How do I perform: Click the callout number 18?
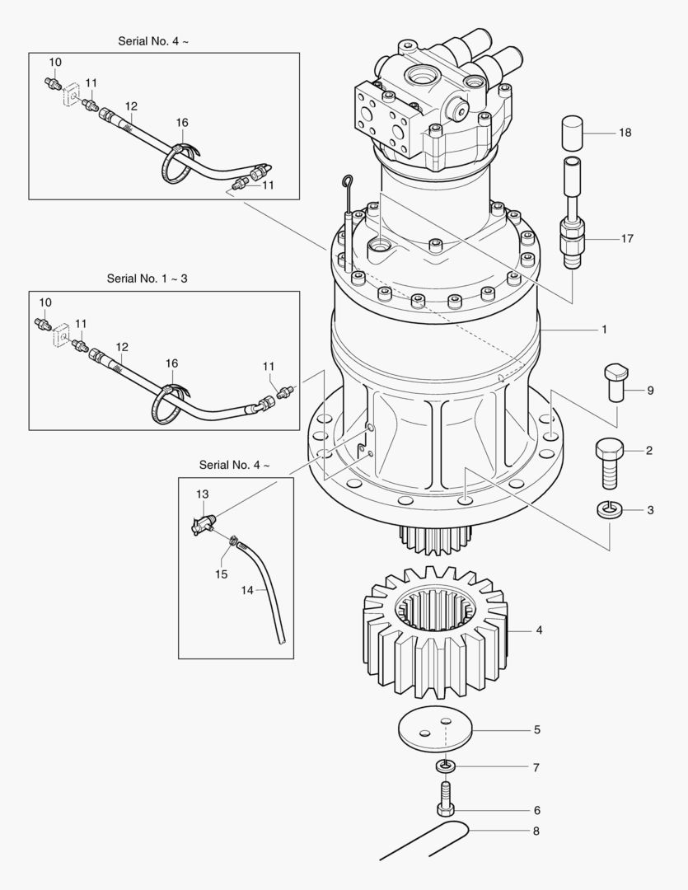(x=625, y=132)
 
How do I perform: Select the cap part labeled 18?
(x=573, y=132)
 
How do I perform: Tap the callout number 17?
(x=627, y=238)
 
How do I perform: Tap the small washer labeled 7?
(x=444, y=766)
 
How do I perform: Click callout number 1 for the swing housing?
(x=604, y=329)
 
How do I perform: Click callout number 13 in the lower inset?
(x=202, y=494)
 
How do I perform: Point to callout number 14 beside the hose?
(x=248, y=590)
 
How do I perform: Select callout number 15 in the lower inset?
(x=222, y=574)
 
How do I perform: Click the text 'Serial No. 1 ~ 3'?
(x=147, y=279)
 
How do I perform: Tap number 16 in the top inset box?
(x=182, y=123)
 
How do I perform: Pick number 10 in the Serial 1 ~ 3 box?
(x=45, y=302)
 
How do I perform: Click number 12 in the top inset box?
(x=131, y=105)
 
